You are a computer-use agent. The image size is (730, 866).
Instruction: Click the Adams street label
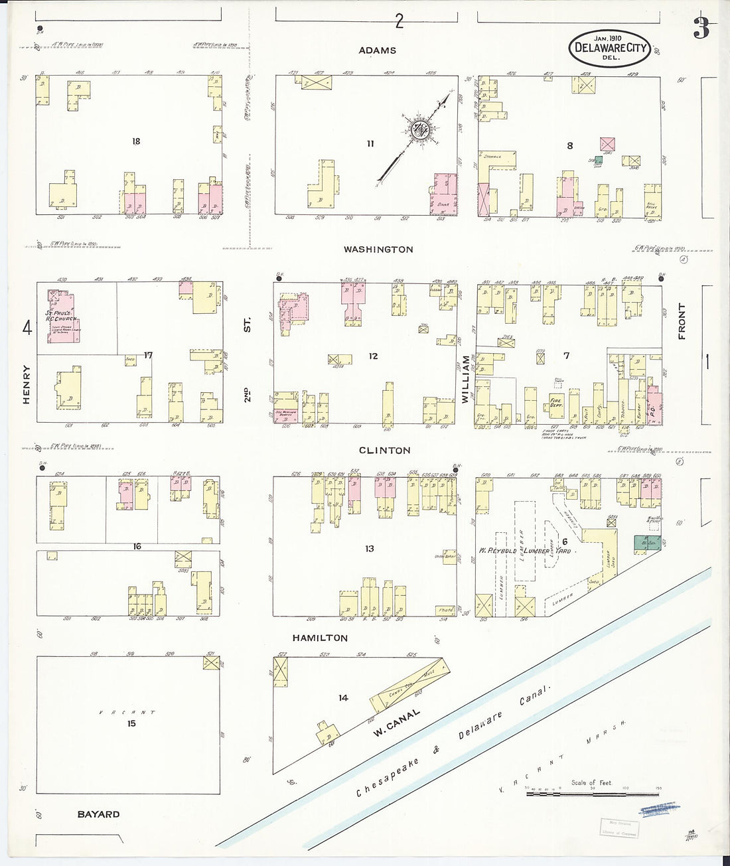[x=377, y=50]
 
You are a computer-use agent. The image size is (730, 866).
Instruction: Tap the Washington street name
[x=378, y=250]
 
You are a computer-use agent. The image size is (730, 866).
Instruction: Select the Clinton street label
[x=384, y=450]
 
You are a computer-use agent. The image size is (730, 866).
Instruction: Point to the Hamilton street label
[x=320, y=638]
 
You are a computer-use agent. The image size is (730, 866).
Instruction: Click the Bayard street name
[x=98, y=814]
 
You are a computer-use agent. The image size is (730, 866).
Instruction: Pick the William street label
[x=466, y=380]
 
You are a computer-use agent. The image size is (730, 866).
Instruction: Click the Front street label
[x=681, y=322]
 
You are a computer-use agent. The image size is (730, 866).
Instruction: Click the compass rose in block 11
[x=419, y=130]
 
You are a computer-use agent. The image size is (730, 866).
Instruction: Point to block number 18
[x=136, y=141]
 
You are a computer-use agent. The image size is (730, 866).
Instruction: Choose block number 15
[x=131, y=723]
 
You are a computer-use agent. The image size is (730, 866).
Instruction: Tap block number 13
[x=369, y=548]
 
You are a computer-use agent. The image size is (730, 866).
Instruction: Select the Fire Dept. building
[x=555, y=402]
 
